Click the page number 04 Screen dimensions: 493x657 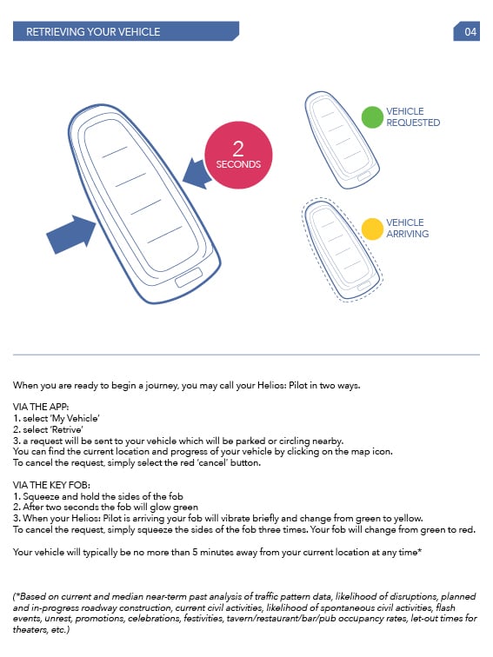[470, 32]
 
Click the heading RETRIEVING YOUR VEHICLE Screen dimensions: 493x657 [93, 32]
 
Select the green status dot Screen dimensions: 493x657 [372, 117]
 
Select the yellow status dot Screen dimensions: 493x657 [372, 229]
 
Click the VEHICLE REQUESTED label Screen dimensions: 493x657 [412, 117]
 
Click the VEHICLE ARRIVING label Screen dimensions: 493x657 [407, 229]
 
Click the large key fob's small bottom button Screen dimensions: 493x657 [187, 281]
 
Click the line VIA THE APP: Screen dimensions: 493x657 [41, 406]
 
